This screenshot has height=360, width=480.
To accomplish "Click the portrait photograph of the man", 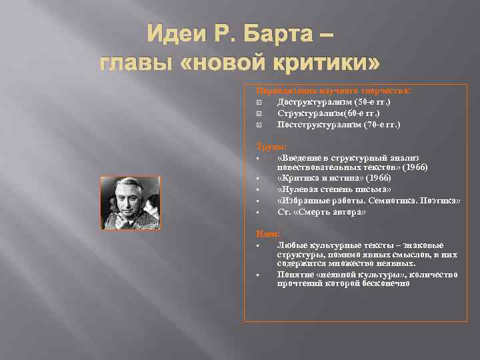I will (130, 203).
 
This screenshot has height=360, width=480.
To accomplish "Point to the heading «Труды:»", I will (270, 146).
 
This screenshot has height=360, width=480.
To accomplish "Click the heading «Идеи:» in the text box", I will (269, 233).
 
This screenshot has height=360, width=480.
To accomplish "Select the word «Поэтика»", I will (440, 201).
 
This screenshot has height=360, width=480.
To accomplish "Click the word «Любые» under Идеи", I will (293, 245).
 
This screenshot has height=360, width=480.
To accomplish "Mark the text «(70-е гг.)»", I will (379, 125).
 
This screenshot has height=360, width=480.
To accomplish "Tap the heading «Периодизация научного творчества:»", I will (334, 90).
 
